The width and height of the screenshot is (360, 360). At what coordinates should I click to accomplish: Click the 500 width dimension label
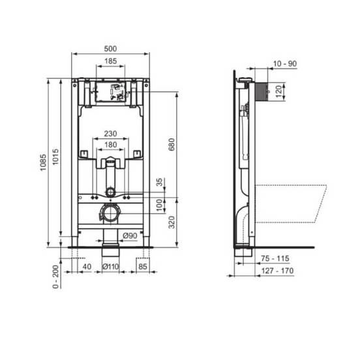tap(110, 49)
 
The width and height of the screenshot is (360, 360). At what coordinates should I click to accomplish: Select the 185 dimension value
tap(111, 61)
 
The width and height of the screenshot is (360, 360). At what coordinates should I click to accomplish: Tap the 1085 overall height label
tap(43, 162)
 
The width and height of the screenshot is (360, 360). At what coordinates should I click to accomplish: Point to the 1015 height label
tap(55, 157)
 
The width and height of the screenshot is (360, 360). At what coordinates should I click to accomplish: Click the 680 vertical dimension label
tap(172, 144)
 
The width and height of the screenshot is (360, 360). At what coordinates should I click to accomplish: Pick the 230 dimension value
tap(111, 134)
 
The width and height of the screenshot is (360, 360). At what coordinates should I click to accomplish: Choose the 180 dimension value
tap(111, 145)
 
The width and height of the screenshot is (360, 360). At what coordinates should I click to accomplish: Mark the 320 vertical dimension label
tap(172, 222)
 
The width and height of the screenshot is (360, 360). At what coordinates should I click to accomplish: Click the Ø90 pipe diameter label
tap(130, 235)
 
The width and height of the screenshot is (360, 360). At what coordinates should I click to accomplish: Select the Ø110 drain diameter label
tap(111, 267)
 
